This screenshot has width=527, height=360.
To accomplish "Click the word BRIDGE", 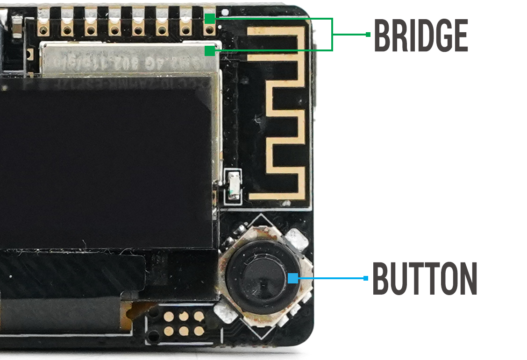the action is pos(420,36).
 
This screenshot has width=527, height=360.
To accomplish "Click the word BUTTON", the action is pos(424,278).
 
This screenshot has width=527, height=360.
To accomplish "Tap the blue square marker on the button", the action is pos(293,278).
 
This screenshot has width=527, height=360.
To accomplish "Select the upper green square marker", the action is pos(210,19).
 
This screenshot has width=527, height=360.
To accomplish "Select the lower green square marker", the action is pos(210,50).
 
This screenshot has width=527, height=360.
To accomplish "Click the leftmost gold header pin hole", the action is pos(43,31).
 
